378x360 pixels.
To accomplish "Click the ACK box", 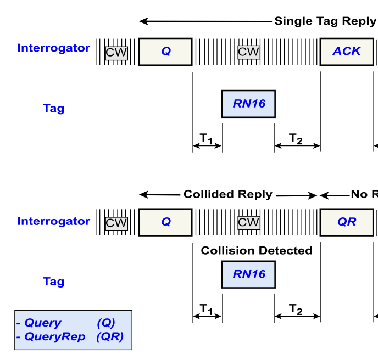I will (347, 52).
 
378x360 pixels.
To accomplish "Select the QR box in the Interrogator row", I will (347, 222).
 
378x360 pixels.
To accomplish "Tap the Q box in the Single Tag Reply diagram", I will (165, 52).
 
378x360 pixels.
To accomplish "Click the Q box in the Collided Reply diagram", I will (165, 222).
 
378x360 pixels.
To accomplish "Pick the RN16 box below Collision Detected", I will (248, 274).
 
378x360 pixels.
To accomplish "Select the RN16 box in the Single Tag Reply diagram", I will (248, 104).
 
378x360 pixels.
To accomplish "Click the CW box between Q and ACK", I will (248, 52).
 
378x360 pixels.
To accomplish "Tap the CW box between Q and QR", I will (248, 223).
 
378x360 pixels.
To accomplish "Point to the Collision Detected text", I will (256, 251).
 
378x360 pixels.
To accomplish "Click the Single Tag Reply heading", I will (325, 21).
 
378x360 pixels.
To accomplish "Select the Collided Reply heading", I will (227, 195).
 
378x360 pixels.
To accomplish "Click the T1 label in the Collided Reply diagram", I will (207, 310).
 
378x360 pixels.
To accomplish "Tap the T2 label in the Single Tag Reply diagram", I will (296, 139).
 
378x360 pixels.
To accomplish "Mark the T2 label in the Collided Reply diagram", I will (296, 310).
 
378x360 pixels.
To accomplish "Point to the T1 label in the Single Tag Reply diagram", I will (207, 139).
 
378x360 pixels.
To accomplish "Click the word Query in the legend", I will (42, 323).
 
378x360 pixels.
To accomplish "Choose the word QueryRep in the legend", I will (54, 337).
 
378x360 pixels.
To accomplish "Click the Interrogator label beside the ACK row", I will (53, 48).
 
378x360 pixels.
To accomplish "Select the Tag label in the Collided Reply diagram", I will (53, 282).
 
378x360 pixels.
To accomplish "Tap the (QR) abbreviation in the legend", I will (109, 337).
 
